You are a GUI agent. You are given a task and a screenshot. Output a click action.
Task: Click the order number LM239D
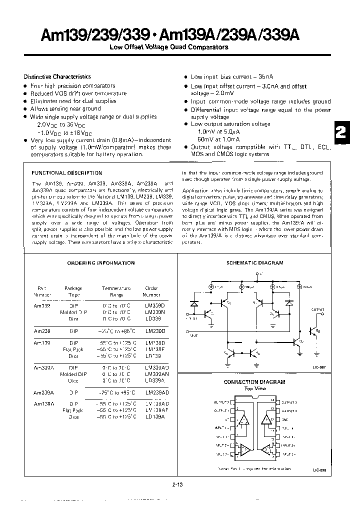pyautogui.click(x=154, y=331)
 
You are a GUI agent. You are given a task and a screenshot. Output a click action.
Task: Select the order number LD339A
pyautogui.click(x=154, y=380)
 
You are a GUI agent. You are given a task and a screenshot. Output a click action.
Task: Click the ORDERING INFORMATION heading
pyautogui.click(x=101, y=262)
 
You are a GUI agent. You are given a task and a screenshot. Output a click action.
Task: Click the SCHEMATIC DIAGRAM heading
pyautogui.click(x=254, y=262)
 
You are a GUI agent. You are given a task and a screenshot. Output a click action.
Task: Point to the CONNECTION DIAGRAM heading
pyautogui.click(x=254, y=381)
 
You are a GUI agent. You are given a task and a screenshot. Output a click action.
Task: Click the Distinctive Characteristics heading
pyautogui.click(x=57, y=76)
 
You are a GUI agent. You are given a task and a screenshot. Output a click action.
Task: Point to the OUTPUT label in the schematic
pyautogui.click(x=318, y=310)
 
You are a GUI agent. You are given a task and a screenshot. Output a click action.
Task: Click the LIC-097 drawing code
pyautogui.click(x=319, y=367)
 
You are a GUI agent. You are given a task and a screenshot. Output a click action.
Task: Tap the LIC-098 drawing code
pyautogui.click(x=319, y=470)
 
